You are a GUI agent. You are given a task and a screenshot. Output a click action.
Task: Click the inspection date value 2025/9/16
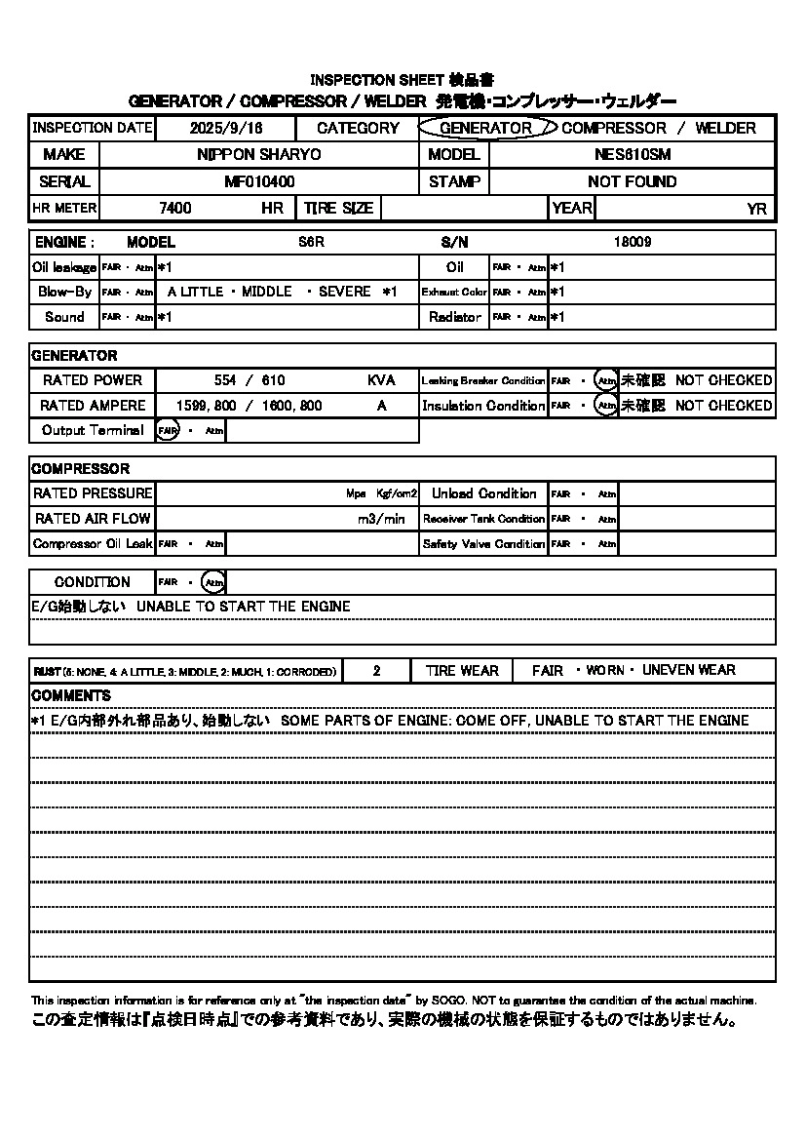227,128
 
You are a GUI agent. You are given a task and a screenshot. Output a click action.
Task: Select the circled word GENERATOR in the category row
485,128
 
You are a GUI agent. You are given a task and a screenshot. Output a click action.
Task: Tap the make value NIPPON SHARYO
259,154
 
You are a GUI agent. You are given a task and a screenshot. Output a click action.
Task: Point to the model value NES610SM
632,154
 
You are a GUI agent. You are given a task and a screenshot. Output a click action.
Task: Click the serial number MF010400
259,181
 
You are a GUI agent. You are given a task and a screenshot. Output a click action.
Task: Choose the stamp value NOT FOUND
632,181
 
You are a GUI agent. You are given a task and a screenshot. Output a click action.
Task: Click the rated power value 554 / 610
249,380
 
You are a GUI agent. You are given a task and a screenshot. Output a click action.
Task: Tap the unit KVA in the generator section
381,380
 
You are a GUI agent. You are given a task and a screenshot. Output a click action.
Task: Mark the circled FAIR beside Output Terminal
168,430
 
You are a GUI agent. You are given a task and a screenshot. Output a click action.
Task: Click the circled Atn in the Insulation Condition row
606,406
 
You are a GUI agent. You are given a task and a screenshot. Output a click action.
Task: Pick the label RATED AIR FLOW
92,519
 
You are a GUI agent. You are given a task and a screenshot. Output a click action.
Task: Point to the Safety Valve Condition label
483,544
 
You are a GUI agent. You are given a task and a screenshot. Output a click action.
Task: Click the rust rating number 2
376,671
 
